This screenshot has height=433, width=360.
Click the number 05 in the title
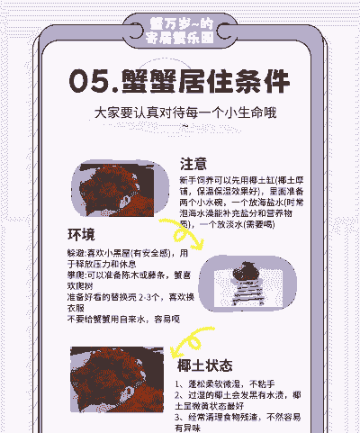[90, 83]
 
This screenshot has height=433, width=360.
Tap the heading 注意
[194, 164]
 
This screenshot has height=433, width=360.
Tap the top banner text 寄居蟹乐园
[180, 39]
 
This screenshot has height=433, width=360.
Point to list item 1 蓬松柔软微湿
[225, 384]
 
